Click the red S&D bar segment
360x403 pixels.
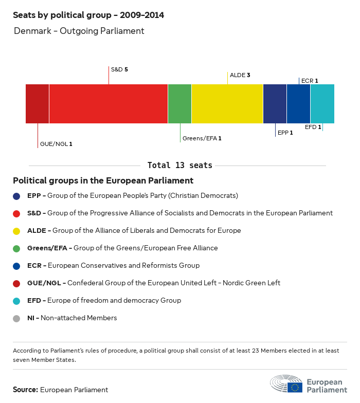point(109,104)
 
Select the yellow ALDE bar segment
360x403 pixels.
point(227,104)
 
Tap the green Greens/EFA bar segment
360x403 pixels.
point(179,104)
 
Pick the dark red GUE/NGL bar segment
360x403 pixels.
point(38,104)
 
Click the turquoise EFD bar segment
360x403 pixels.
point(322,104)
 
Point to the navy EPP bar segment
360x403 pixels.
point(275,104)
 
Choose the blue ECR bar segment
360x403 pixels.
point(298,104)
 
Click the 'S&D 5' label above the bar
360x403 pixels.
point(119,69)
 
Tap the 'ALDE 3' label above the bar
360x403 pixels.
point(240,75)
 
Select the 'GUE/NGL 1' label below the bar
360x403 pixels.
point(56,144)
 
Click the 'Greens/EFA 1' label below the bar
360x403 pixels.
point(202,138)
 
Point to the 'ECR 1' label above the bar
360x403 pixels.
point(310,81)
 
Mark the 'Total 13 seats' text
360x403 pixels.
point(179,166)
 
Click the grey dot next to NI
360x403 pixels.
point(16,318)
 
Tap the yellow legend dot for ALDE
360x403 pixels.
point(16,231)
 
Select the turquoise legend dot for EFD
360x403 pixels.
point(16,301)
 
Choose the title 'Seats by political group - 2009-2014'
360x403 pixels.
point(88,15)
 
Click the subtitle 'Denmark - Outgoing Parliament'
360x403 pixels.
point(79,31)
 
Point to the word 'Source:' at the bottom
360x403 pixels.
point(25,390)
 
